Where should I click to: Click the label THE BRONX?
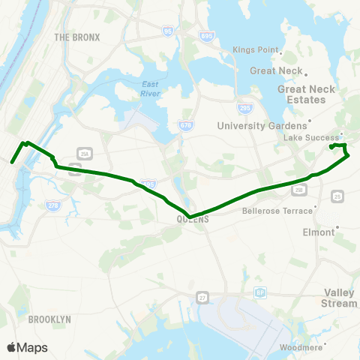pos(72,36)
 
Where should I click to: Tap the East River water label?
pos(152,88)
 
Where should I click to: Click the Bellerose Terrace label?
pos(271,211)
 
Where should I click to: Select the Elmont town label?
pos(318,232)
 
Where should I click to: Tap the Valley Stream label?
pos(340,298)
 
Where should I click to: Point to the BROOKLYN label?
pos(49,319)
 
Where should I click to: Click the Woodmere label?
pos(300,348)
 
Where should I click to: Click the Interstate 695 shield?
pos(205,34)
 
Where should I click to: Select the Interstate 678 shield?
pos(185,125)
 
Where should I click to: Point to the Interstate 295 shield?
pos(243,108)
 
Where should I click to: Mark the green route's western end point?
pos(12,161)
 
